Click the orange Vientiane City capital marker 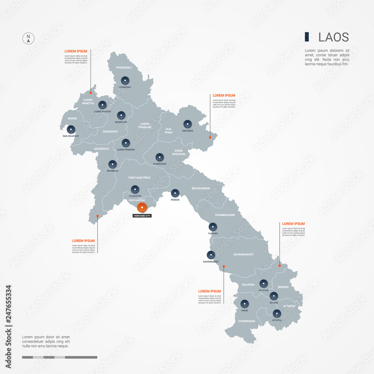click(x=142, y=208)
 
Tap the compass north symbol click(x=28, y=38)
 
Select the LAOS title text click(x=334, y=37)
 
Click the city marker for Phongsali click(x=125, y=80)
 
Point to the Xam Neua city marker click(x=187, y=124)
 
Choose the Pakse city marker click(x=245, y=303)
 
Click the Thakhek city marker click(x=213, y=227)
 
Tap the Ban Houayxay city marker click(x=71, y=129)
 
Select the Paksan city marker click(x=175, y=193)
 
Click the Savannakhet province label click(x=243, y=255)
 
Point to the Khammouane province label click(x=225, y=215)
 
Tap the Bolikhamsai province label click(x=201, y=188)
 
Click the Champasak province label click(x=246, y=321)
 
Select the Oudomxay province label click(x=110, y=132)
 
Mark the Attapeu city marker click(x=277, y=313)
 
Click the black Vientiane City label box click(x=142, y=216)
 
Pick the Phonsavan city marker click(x=160, y=157)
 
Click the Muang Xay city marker click(x=121, y=115)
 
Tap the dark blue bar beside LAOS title click(x=307, y=37)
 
